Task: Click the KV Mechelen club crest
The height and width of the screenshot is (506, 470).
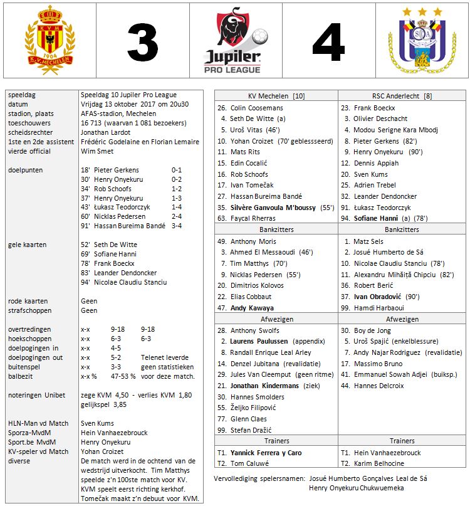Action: (48, 42)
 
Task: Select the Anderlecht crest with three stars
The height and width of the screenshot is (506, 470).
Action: (421, 43)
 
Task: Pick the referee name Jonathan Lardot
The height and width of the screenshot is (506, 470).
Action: (107, 133)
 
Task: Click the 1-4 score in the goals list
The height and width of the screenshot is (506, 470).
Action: (179, 206)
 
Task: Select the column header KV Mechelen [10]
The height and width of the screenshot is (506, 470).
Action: (276, 95)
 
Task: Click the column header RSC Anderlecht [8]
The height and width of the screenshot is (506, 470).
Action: (402, 95)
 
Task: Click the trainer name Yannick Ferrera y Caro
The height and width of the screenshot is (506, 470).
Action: (266, 453)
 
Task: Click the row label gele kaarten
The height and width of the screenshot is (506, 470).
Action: (29, 245)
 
